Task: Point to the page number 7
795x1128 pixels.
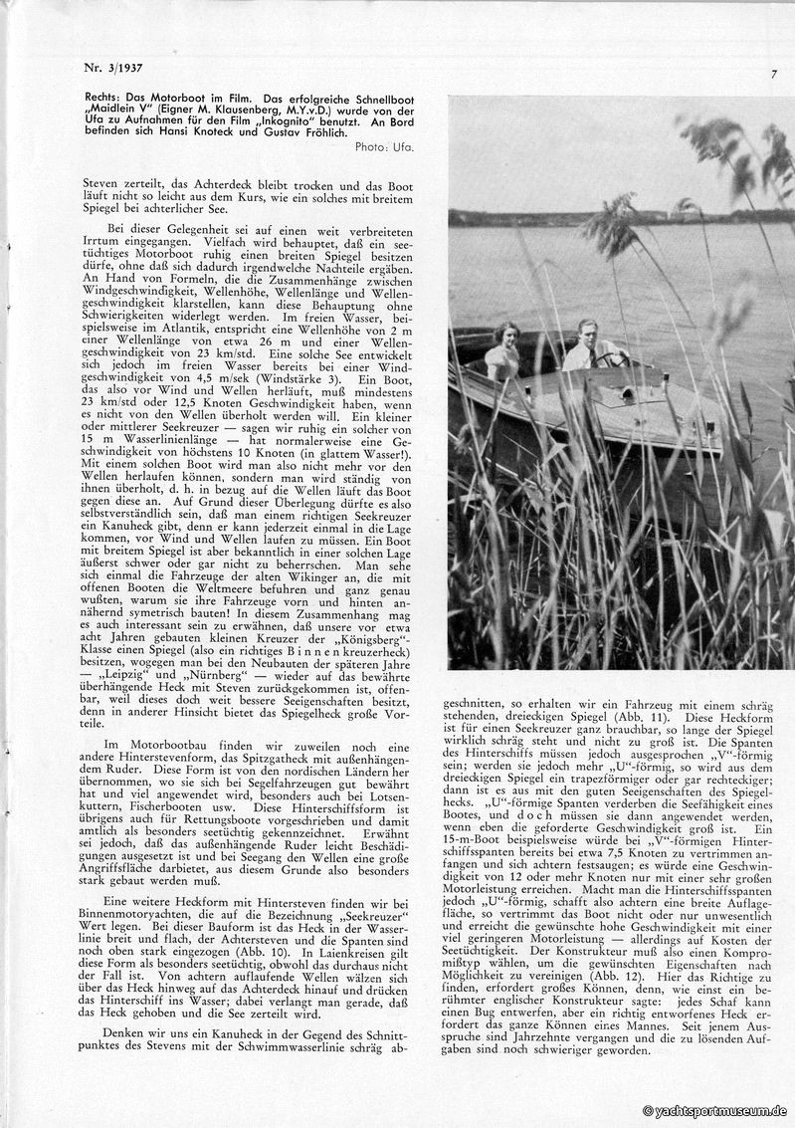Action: click(x=773, y=74)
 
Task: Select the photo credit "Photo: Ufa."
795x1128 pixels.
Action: click(x=384, y=147)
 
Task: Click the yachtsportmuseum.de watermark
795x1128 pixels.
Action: click(x=715, y=1111)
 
